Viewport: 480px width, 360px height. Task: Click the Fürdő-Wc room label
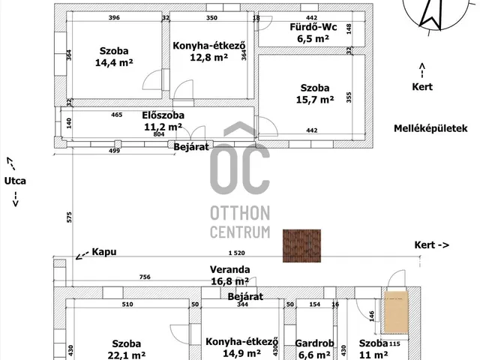click(x=313, y=27)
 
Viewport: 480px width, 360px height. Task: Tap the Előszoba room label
click(x=163, y=115)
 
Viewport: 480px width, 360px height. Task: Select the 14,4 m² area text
click(x=114, y=63)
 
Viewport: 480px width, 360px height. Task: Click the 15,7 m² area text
click(x=315, y=100)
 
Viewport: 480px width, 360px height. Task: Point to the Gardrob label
click(x=314, y=343)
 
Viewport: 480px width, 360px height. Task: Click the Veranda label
click(x=230, y=270)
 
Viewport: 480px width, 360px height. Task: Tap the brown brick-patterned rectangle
click(x=301, y=246)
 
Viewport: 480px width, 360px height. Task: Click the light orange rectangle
click(x=396, y=312)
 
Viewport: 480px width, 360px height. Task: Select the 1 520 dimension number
click(x=237, y=253)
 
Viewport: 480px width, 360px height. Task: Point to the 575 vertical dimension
click(x=69, y=217)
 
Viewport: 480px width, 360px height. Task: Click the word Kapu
click(x=104, y=252)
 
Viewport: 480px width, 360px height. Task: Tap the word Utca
click(x=15, y=181)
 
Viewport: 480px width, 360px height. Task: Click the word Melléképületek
click(x=430, y=128)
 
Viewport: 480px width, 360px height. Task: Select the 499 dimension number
click(x=114, y=151)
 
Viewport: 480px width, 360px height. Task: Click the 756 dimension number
click(x=145, y=277)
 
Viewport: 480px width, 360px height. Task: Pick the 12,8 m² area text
click(x=208, y=57)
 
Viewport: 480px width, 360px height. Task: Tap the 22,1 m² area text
click(x=127, y=355)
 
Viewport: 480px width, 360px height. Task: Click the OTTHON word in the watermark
click(x=240, y=213)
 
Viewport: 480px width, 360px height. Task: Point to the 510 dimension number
click(x=127, y=304)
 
